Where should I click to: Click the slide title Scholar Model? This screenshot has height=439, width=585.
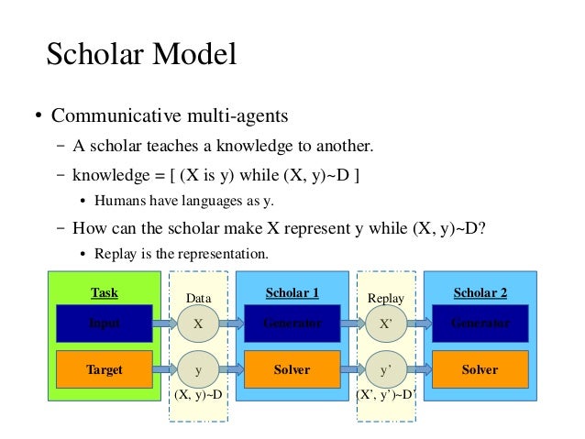142,54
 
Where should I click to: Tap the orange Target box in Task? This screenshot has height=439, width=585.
104,370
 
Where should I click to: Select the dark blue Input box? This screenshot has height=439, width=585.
104,324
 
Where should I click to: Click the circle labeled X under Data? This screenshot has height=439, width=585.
198,324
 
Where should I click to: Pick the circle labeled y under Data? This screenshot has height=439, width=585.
198,370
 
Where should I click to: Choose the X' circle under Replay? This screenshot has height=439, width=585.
386,324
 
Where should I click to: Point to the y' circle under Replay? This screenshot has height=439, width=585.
386,370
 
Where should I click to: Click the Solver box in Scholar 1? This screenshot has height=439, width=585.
292,370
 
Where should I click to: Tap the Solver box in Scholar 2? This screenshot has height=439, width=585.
480,370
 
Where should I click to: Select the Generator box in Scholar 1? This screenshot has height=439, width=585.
292,324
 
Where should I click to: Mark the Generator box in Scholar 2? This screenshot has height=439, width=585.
480,324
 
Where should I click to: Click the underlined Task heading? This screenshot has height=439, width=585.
104,293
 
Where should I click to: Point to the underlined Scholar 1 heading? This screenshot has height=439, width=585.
292,293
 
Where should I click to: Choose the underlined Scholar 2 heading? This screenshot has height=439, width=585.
480,293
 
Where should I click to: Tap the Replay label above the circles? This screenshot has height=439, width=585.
385,299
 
